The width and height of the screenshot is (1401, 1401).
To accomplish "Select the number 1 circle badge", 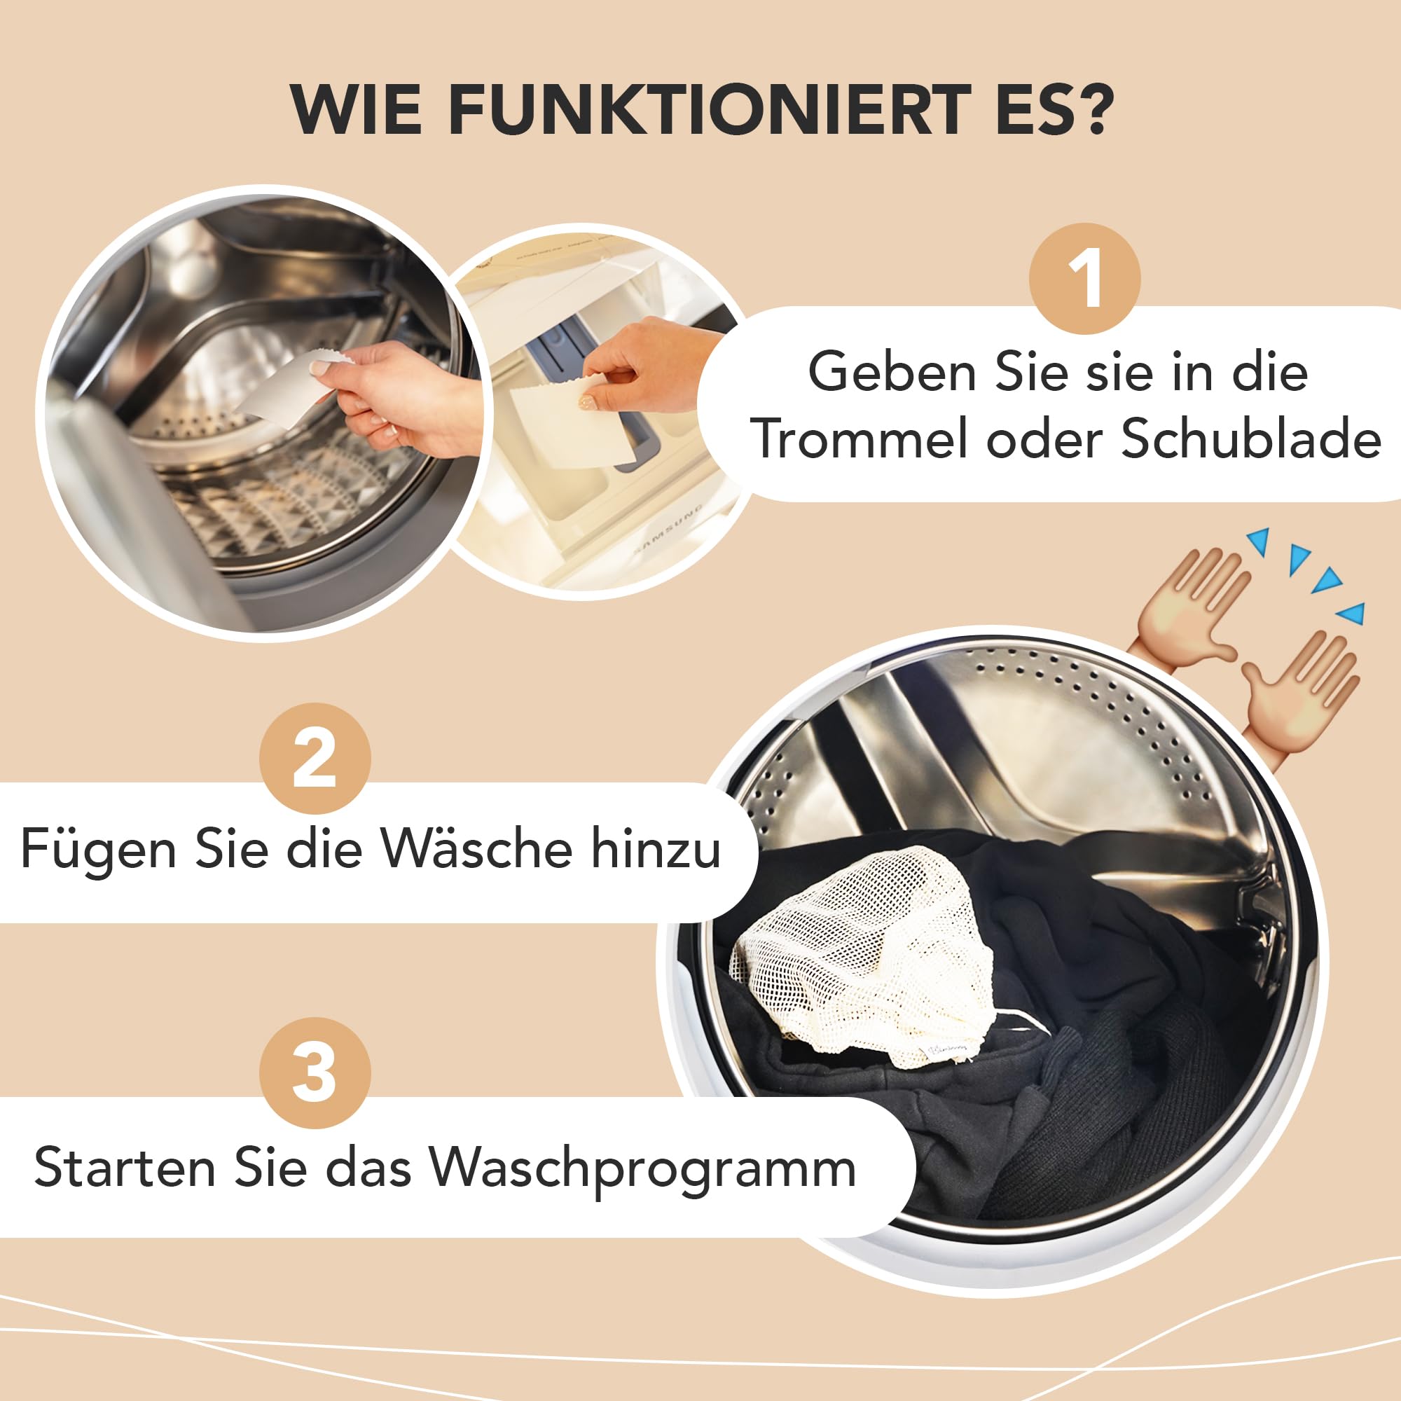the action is tap(1085, 279).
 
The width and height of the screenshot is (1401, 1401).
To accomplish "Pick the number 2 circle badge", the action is tap(315, 759).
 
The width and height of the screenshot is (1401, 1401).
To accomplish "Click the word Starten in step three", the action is tap(124, 1168).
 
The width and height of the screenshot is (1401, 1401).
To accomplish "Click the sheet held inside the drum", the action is tap(287, 387).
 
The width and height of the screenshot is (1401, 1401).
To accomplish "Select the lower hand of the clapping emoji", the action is tap(1298, 696).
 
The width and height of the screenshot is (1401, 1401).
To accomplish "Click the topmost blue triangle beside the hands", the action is tap(1259, 541).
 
